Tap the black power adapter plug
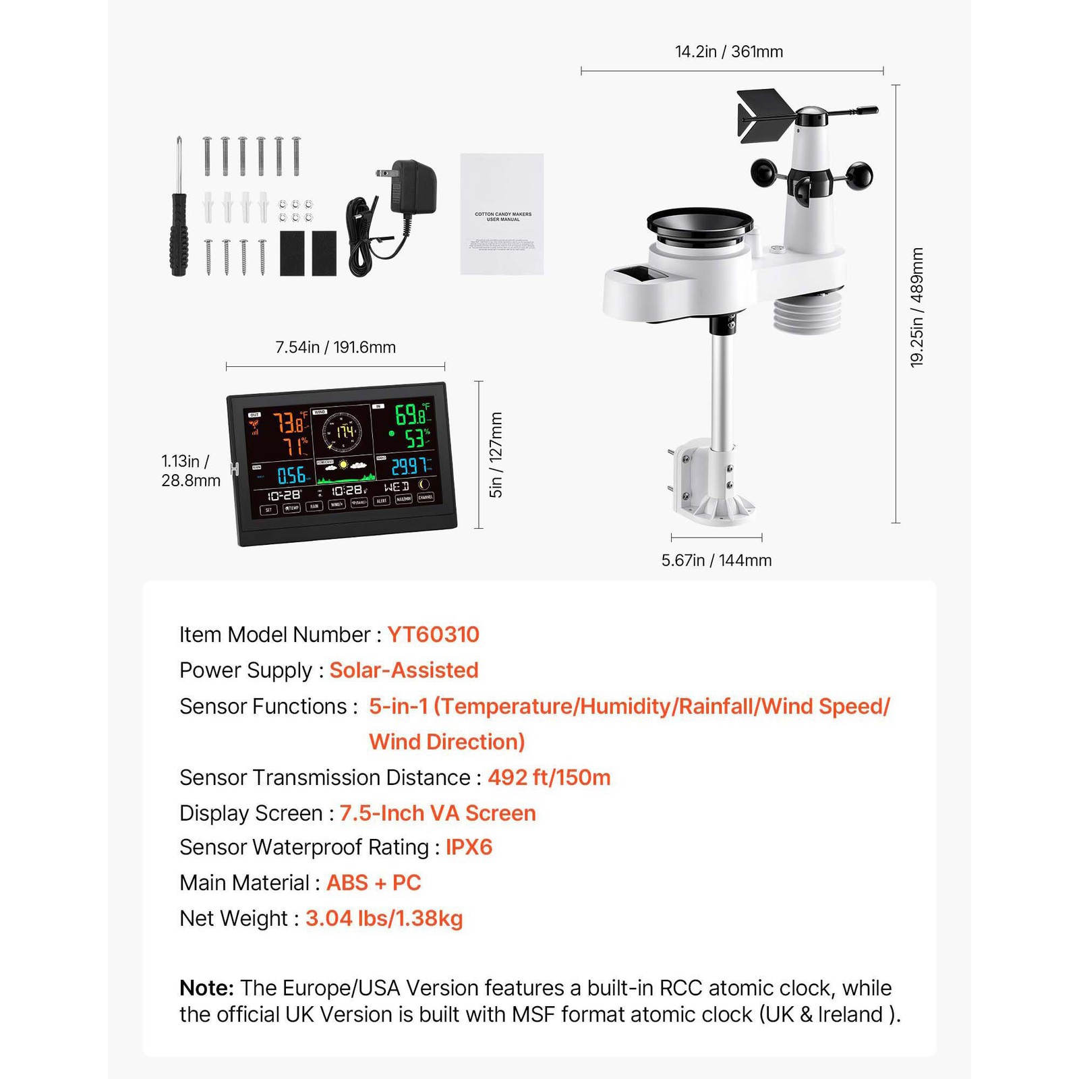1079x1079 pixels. coord(413,187)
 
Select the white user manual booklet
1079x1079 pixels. coord(502,214)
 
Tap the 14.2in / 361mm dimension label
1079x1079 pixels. coord(729,52)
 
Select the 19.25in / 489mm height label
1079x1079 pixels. coord(917,308)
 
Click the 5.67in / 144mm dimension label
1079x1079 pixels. coord(716,560)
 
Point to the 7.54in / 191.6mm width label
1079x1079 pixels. coord(335,347)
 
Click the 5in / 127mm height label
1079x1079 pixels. coord(496,455)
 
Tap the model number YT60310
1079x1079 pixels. coord(433,635)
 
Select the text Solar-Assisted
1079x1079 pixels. coord(404,670)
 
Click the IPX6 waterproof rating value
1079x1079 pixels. coord(469,847)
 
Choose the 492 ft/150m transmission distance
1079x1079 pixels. coord(549,778)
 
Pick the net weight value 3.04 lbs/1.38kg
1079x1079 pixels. coord(384,918)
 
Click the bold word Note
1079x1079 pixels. coord(206,988)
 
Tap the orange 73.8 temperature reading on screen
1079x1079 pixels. coord(289,424)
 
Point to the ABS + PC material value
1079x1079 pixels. coord(374,883)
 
